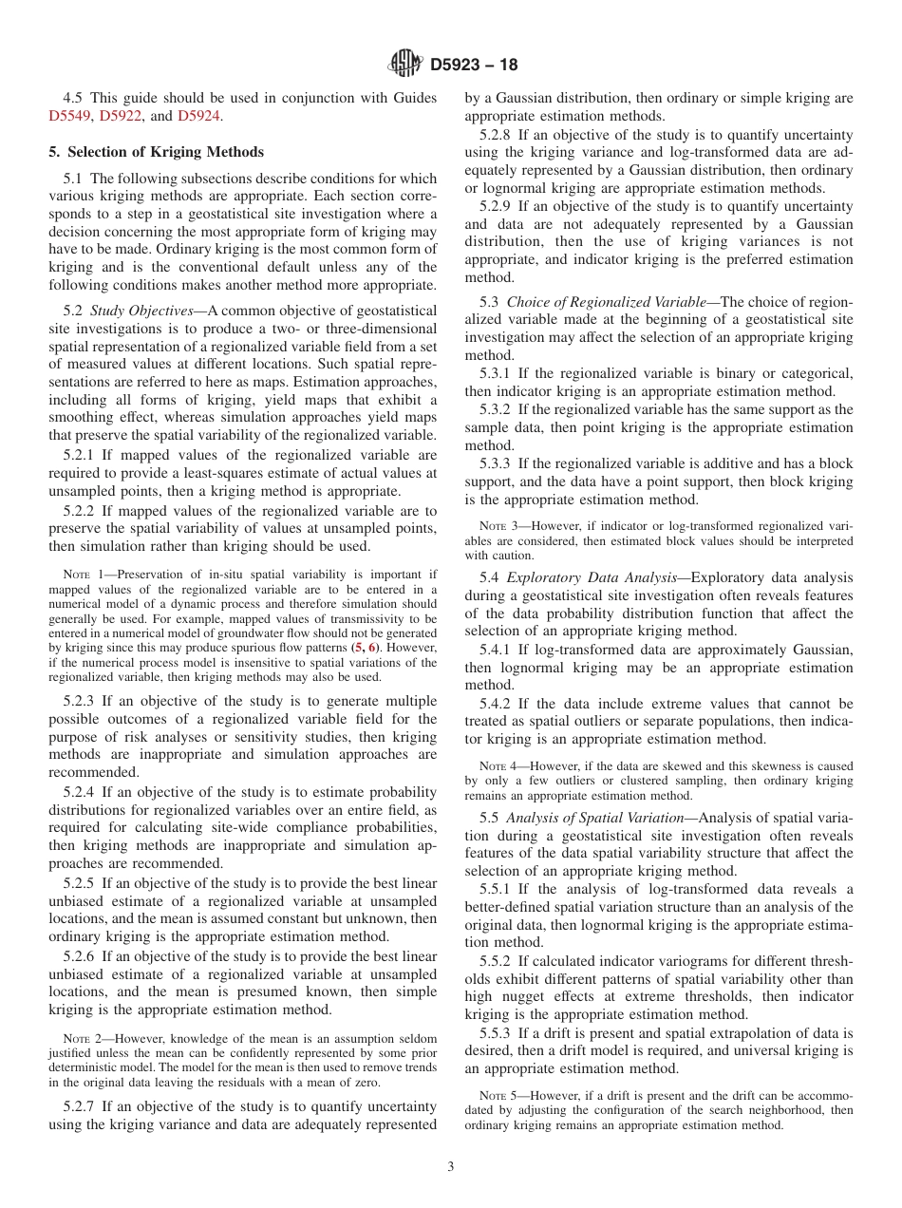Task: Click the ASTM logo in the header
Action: point(404,65)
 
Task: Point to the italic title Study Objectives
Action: point(141,311)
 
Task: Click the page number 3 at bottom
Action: point(451,1166)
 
